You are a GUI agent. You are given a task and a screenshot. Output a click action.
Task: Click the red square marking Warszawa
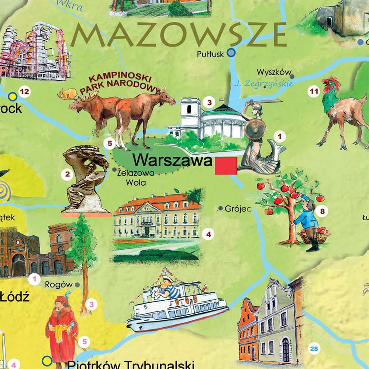(x=226, y=165)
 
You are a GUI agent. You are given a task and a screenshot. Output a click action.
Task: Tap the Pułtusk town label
(x=210, y=55)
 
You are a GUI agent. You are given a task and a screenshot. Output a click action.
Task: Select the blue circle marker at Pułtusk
(x=231, y=53)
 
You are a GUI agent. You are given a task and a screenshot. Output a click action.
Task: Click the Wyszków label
(x=274, y=72)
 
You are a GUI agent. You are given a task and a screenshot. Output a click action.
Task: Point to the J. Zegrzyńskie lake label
(x=263, y=84)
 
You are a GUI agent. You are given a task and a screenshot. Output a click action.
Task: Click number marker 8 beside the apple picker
(x=322, y=211)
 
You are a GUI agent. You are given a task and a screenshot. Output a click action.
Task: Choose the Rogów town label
(x=59, y=284)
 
